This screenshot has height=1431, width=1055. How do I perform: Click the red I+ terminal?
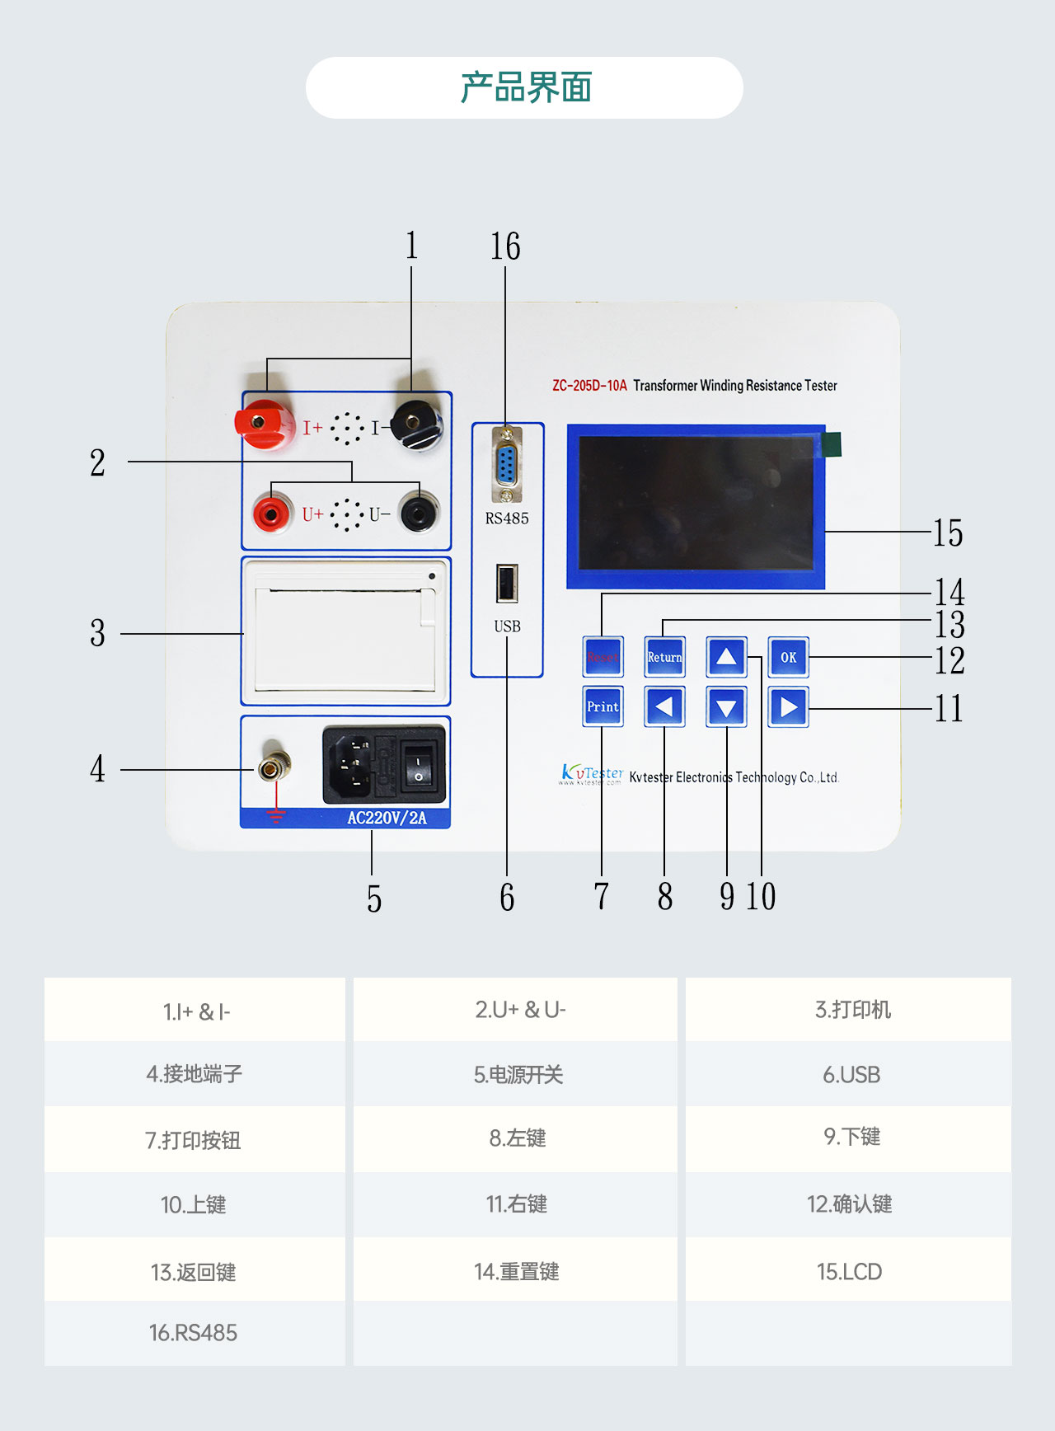tap(263, 424)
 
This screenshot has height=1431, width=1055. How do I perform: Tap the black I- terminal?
tap(415, 424)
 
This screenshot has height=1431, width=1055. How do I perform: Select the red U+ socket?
tap(271, 514)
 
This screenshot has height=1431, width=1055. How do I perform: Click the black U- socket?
tap(420, 513)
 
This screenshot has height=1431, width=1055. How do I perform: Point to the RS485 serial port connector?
tap(506, 465)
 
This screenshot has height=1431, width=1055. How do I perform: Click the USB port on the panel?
tap(507, 584)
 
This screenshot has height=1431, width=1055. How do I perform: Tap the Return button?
tap(664, 657)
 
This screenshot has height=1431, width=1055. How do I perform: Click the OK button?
tap(788, 657)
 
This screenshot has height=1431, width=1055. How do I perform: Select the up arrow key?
tap(726, 657)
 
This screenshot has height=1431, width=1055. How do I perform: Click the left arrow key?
tap(664, 706)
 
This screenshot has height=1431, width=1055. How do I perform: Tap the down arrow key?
tap(726, 707)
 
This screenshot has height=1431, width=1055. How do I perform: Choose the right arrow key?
tap(788, 707)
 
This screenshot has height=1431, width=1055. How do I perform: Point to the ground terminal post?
tap(273, 768)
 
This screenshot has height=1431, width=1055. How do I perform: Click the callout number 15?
tap(948, 533)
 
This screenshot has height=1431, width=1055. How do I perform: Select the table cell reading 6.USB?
tap(851, 1075)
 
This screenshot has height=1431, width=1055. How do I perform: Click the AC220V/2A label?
tap(387, 818)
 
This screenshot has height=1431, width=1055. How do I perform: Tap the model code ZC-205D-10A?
tap(589, 386)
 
